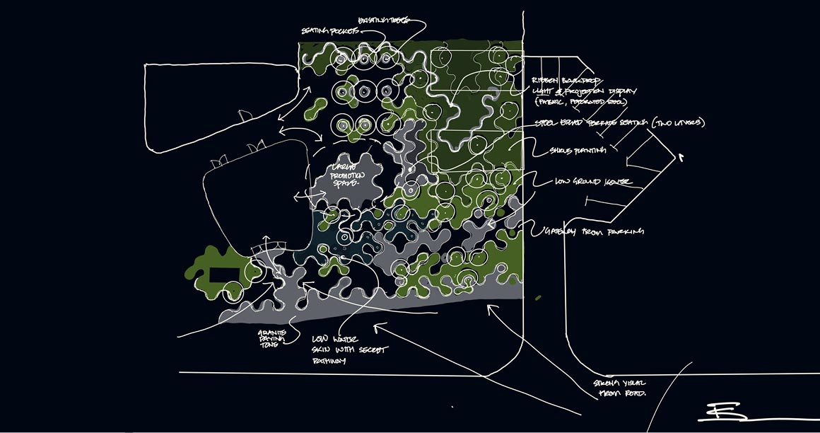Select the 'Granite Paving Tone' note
coord(270,338)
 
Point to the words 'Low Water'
coord(327,341)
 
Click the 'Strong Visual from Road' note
coord(621,388)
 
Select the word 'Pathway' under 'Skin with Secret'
coord(328,362)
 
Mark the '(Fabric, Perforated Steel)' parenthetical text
coord(580,103)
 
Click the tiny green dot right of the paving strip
coord(538,297)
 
